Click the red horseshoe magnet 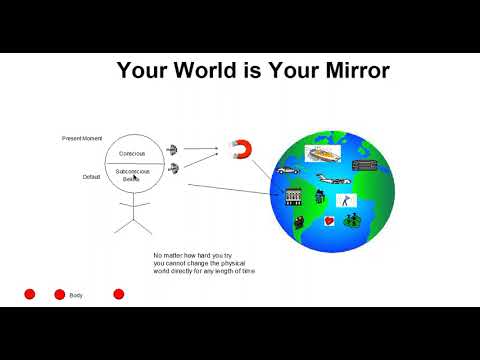pos(241,151)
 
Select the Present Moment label pos(81,137)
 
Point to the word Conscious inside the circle pos(132,153)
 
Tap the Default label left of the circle pos(91,177)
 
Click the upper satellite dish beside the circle pos(172,149)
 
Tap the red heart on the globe pos(329,218)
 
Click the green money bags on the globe pos(354,220)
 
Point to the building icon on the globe pos(293,195)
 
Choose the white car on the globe pos(290,171)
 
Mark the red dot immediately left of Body pos(59,294)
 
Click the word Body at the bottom pos(76,295)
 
